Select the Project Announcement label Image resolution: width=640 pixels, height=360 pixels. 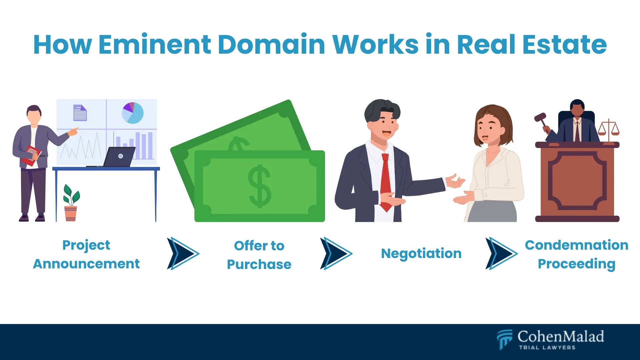[86, 254]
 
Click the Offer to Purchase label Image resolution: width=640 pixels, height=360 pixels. [259, 255]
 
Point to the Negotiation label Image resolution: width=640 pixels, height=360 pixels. [421, 253]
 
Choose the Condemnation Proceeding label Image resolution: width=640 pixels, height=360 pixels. [576, 254]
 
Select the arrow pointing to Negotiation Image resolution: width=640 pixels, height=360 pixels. [336, 253]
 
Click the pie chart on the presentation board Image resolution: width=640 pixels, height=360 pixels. [133, 113]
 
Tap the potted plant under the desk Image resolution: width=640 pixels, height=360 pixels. [71, 203]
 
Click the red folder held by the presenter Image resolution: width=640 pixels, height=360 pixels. [31, 155]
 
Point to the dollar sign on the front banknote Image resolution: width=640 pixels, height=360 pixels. [260, 187]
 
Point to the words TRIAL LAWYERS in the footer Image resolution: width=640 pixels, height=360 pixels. [547, 348]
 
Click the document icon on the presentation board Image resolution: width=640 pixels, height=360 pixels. [80, 113]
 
